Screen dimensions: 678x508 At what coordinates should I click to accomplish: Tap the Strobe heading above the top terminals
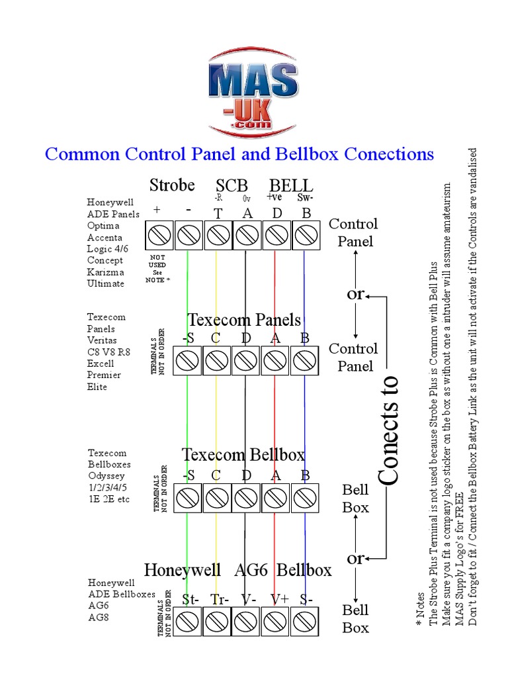(x=172, y=185)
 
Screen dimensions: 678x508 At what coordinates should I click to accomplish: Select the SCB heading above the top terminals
(x=232, y=185)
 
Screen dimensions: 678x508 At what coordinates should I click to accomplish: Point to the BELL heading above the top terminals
(x=291, y=185)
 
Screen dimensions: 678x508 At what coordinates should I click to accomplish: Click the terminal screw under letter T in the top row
(x=218, y=234)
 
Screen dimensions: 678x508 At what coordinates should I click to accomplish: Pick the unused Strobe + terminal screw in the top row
(x=159, y=234)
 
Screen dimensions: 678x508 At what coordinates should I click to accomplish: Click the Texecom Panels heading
(x=244, y=320)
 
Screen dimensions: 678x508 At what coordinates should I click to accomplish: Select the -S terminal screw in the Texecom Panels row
(x=188, y=361)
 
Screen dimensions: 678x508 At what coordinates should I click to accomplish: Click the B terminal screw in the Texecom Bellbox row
(x=304, y=497)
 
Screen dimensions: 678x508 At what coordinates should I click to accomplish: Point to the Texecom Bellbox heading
(x=243, y=455)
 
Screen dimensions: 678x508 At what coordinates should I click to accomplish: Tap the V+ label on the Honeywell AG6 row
(x=278, y=600)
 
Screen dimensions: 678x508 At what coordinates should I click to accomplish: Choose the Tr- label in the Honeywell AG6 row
(x=220, y=600)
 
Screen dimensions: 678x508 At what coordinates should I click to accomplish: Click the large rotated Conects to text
(x=390, y=430)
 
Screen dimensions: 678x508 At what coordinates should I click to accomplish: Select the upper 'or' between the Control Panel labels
(x=356, y=293)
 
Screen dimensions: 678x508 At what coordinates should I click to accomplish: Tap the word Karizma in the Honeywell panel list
(x=106, y=272)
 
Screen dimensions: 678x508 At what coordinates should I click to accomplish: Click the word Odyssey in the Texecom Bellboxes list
(x=106, y=476)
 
